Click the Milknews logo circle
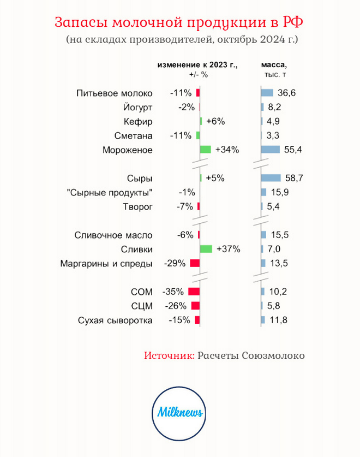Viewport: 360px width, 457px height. [x=179, y=412]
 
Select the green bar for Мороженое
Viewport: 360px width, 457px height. [x=206, y=149]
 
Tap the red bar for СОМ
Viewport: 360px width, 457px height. [x=194, y=292]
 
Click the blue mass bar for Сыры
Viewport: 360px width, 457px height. [x=271, y=178]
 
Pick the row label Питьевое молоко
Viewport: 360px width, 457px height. [x=114, y=93]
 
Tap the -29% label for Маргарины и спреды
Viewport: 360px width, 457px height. [x=175, y=263]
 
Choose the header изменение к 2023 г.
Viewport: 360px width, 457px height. [x=198, y=64]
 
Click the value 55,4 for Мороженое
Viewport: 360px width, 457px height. [x=292, y=149]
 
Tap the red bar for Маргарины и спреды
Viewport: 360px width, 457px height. [x=195, y=263]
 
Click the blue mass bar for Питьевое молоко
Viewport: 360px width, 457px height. [x=267, y=93]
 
